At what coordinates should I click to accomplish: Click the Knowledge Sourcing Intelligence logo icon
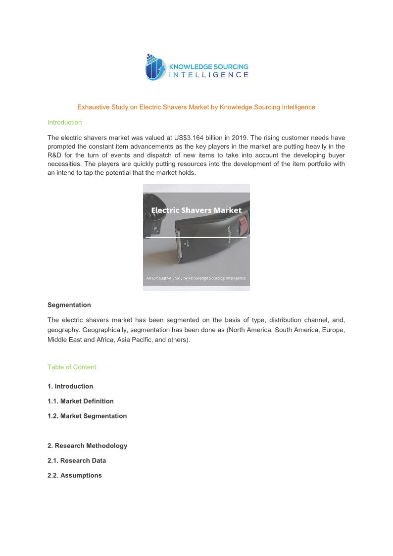tap(154, 67)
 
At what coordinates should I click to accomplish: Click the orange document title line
tap(196, 107)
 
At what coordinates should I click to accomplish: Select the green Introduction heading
tap(64, 122)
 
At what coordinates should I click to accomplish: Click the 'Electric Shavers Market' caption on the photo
tap(196, 210)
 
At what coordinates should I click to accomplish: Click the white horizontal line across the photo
tap(196, 238)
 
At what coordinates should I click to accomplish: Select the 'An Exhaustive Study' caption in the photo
tap(196, 278)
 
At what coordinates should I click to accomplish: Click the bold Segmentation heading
tap(69, 305)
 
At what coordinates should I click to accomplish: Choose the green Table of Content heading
tap(72, 367)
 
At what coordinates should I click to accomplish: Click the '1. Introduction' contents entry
tap(70, 386)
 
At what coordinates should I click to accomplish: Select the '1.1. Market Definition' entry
tap(81, 401)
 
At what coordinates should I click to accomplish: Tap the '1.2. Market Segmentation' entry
tap(87, 416)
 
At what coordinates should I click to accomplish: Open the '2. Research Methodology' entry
tap(87, 446)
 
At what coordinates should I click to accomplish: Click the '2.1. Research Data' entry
tap(77, 460)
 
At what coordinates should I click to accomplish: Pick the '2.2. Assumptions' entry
tap(75, 475)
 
